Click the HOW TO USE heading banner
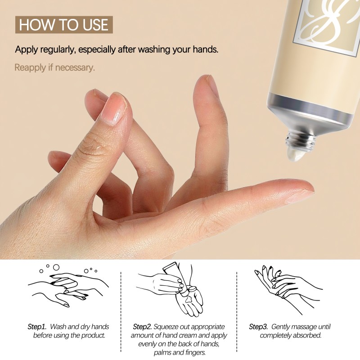pyautogui.click(x=63, y=24)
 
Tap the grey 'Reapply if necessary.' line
pyautogui.click(x=55, y=68)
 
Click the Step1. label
pyautogui.click(x=37, y=326)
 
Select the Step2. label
pyautogui.click(x=143, y=326)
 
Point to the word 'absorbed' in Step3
pyautogui.click(x=310, y=335)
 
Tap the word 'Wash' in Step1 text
pyautogui.click(x=59, y=326)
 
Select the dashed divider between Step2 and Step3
pyautogui.click(x=237, y=310)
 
